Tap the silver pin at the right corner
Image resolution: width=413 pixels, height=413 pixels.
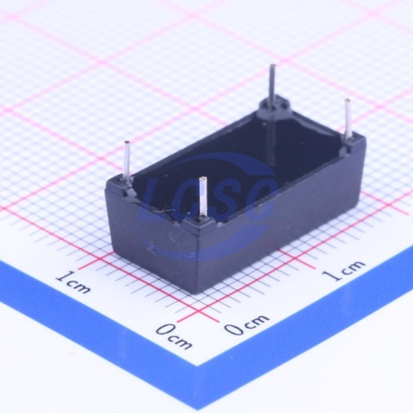(348, 119)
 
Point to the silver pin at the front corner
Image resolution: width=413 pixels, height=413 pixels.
(203, 197)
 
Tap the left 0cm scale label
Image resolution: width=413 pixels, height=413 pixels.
(174, 336)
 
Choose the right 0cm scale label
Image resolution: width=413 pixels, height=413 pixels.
(246, 324)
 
